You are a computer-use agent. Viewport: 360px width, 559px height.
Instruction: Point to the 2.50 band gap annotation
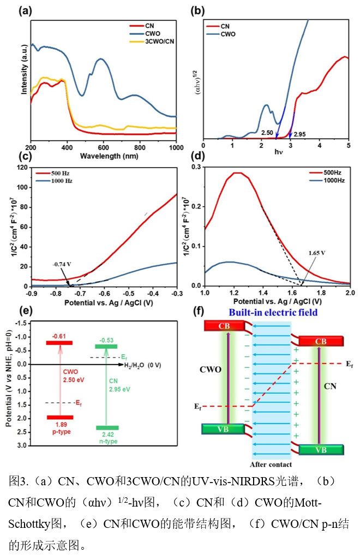267,133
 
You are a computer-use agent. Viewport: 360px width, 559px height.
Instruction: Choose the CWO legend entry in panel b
229,33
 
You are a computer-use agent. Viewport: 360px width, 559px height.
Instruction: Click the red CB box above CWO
222,326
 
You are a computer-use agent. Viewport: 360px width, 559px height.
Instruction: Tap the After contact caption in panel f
271,465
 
